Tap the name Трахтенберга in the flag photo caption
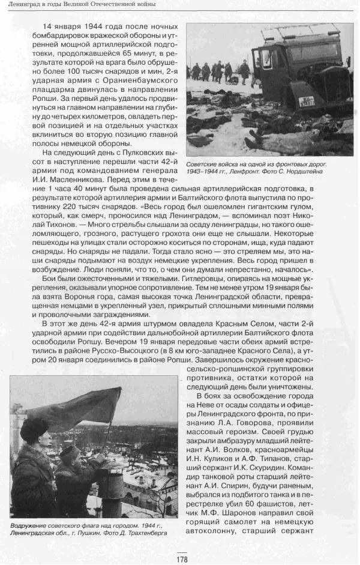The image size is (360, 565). pyautogui.click(x=142, y=532)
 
